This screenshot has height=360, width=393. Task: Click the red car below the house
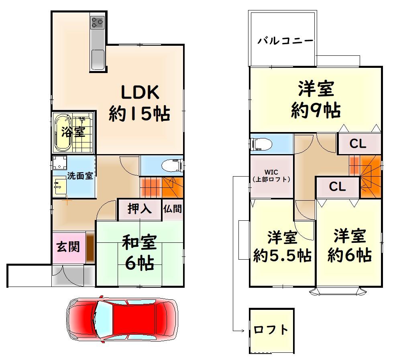click(122, 319)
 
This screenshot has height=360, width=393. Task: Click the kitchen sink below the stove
click(98, 59)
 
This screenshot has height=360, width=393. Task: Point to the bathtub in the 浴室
click(63, 132)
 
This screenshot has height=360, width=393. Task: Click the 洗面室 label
click(80, 176)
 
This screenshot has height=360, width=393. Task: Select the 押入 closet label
click(139, 209)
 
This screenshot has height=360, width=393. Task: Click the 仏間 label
click(173, 209)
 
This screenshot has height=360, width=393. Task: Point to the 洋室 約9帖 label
click(316, 99)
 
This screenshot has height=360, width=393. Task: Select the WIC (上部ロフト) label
click(271, 176)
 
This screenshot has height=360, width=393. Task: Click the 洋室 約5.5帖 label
click(282, 246)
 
